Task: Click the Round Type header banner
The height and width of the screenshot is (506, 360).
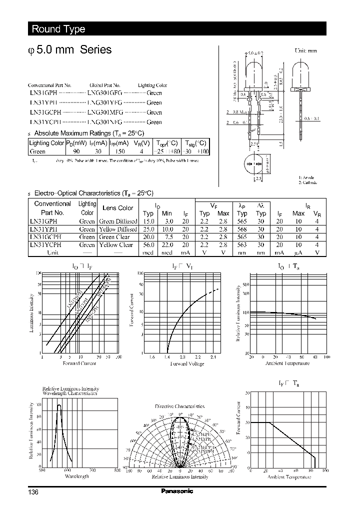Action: tap(58, 29)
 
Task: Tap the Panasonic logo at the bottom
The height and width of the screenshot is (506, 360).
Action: tap(177, 491)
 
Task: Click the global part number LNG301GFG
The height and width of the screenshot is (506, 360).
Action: tap(104, 93)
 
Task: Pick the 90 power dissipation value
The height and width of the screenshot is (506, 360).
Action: tap(76, 151)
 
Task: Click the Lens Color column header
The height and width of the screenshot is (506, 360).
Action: tap(117, 208)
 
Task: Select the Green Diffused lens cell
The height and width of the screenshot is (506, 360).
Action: tap(118, 221)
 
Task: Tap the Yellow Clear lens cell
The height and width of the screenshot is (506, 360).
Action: tap(116, 245)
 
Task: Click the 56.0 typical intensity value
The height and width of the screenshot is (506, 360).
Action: tap(148, 245)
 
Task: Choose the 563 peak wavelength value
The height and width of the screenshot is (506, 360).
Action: tap(242, 245)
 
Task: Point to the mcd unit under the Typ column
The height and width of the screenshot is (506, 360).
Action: tap(148, 253)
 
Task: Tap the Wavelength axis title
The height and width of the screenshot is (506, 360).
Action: tap(77, 476)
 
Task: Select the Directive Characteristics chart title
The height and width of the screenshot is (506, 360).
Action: tap(179, 406)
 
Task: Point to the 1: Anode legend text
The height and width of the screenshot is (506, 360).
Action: tap(307, 177)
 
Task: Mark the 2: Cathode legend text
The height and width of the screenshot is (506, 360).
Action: tap(308, 182)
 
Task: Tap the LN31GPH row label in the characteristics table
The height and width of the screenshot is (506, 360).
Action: tap(44, 221)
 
